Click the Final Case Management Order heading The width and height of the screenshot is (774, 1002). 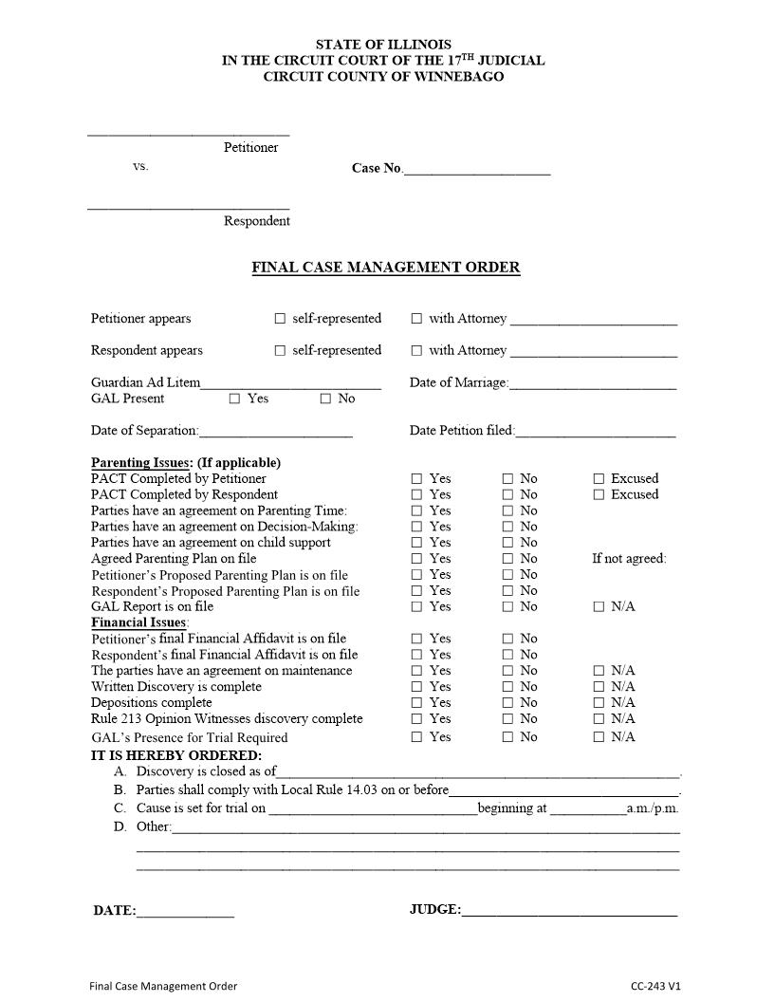pos(385,268)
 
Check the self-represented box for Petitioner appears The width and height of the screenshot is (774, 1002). pos(280,319)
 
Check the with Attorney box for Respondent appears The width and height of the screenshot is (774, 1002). pos(416,351)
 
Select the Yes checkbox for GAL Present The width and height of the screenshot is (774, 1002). pos(234,399)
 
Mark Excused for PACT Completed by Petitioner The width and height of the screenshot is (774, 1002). pos(599,479)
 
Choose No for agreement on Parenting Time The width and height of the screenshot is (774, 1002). pos(507,511)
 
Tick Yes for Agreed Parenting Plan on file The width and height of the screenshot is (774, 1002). pos(416,559)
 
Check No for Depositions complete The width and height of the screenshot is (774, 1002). pos(507,703)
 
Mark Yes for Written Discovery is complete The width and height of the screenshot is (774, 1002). pos(416,687)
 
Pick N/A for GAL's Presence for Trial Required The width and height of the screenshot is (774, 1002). pos(599,737)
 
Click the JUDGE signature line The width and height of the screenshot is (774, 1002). pos(569,913)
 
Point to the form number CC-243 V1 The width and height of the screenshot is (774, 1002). pos(655,986)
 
